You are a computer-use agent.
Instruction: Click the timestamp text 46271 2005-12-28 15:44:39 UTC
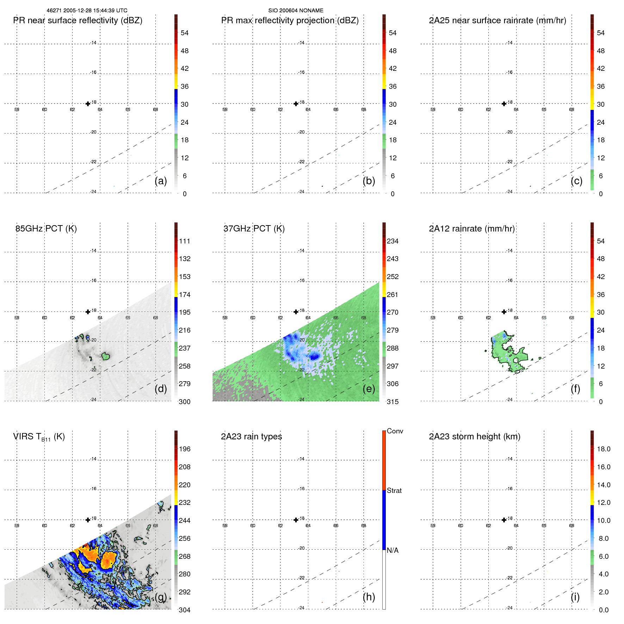pos(87,11)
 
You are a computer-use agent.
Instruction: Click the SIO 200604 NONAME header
pos(296,11)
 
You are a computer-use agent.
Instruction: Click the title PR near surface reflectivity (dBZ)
pos(78,20)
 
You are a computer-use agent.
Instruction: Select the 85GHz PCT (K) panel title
pos(46,229)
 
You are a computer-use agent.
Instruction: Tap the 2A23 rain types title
pos(251,437)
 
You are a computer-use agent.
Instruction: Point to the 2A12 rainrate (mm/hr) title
pos(472,229)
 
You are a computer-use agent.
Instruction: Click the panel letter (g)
pos(161,597)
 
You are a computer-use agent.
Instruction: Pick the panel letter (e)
pos(369,389)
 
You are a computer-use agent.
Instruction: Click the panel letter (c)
pos(576,181)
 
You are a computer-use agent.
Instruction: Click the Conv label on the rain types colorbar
pos(395,431)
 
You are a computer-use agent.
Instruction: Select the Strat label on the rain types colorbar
pos(394,490)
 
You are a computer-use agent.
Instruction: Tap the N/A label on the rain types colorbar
pos(393,550)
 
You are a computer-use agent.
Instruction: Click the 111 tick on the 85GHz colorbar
pos(185,241)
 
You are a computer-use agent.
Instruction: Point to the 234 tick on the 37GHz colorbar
pos(393,241)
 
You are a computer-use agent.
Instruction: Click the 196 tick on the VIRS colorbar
pos(185,449)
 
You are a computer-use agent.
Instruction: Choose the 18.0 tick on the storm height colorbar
pos(604,449)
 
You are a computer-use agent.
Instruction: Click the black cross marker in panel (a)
pos(88,104)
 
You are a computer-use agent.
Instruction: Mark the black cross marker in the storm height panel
pos(504,520)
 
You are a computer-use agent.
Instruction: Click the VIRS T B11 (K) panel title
pos(39,437)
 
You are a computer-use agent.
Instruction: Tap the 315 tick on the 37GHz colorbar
pos(393,402)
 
